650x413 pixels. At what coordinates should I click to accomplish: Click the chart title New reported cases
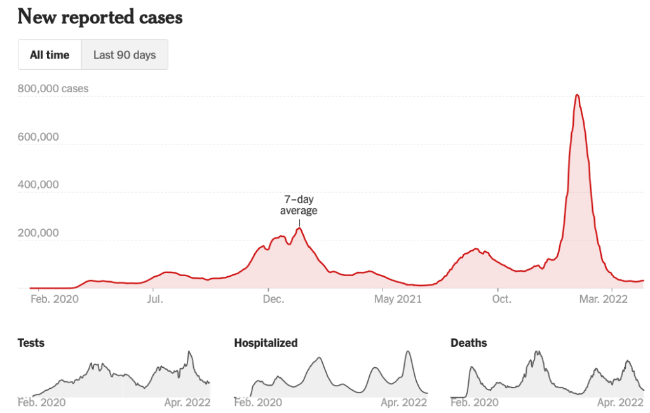point(100,17)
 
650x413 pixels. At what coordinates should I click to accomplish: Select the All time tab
point(50,55)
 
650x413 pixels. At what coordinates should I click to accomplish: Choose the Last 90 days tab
point(125,55)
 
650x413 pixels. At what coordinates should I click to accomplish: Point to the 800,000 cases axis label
point(53,88)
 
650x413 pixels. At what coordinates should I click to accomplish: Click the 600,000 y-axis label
point(38,137)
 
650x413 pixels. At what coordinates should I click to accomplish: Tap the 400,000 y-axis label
point(38,185)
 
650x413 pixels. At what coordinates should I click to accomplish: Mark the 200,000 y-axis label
point(38,233)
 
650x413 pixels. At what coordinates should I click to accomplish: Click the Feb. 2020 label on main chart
point(55,298)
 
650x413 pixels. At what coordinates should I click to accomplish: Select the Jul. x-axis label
point(154,298)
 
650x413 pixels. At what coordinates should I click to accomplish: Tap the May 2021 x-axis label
point(398,298)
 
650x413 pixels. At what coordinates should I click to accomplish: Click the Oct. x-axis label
point(502,298)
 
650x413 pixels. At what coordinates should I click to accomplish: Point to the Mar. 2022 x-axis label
point(611,298)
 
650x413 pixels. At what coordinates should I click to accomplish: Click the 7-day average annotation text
point(299,205)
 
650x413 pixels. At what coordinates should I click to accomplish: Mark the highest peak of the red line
point(576,95)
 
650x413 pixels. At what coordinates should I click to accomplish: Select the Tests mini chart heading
point(30,343)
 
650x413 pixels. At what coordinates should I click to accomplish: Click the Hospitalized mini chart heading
point(266,343)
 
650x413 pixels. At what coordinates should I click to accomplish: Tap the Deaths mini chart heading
point(469,343)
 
